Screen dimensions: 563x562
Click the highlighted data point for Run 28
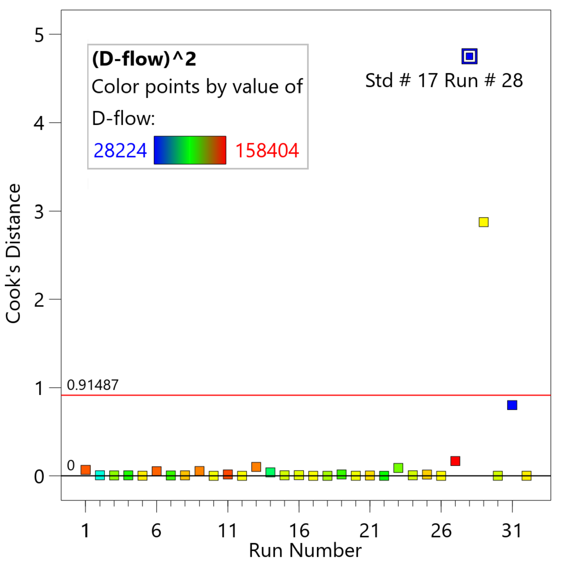[x=469, y=56]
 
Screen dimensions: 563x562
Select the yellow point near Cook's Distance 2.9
[x=483, y=222]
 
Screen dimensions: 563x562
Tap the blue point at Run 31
[x=512, y=405]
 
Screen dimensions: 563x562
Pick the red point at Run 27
[x=455, y=461]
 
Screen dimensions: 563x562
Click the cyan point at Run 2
[x=100, y=475]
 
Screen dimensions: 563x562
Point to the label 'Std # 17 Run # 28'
[x=444, y=81]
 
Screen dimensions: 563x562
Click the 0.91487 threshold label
[x=93, y=385]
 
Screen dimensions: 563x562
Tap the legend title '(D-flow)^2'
[x=144, y=59]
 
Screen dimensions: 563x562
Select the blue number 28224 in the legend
[x=120, y=151]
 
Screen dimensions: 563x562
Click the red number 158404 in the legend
[x=267, y=151]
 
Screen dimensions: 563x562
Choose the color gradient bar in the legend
[x=190, y=150]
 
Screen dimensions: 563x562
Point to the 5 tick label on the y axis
[x=39, y=35]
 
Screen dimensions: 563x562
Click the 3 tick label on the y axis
[x=39, y=212]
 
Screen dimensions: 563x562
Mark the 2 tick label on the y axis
[x=39, y=300]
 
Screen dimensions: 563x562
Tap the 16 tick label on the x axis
[x=299, y=530]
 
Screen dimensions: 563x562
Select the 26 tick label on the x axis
[x=441, y=530]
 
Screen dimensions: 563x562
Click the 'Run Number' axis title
[x=305, y=550]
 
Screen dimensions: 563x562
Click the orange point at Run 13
[x=256, y=467]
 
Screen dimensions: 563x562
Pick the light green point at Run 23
[x=398, y=468]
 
